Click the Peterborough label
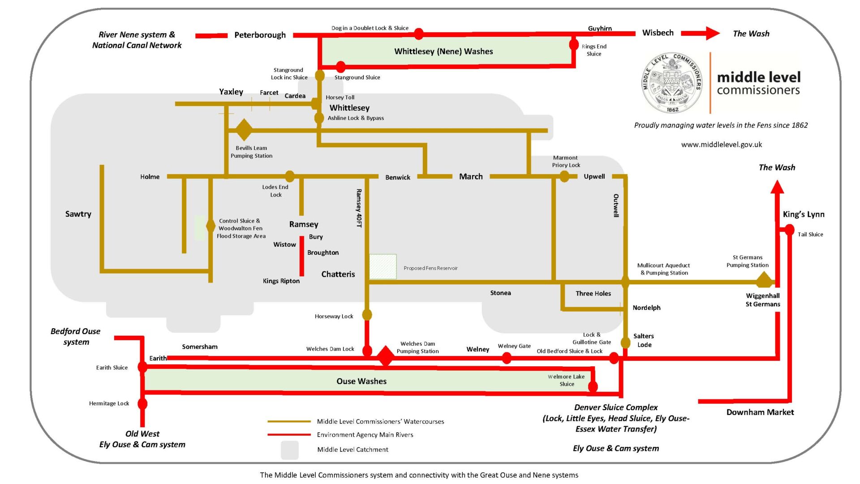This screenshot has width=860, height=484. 260,35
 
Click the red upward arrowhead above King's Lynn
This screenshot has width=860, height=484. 777,187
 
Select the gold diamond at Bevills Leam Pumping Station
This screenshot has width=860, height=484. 244,130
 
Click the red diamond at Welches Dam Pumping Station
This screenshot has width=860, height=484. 385,356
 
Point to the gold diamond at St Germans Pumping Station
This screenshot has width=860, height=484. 764,280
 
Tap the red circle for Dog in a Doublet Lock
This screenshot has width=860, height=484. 419,34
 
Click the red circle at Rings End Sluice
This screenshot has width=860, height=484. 574,45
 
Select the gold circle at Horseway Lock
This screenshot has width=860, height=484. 367,315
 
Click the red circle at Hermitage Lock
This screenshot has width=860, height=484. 142,404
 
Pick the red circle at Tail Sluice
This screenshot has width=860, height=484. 790,230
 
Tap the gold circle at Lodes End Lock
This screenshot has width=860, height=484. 290,176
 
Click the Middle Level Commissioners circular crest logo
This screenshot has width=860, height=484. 672,83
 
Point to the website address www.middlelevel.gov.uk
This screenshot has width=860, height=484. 722,145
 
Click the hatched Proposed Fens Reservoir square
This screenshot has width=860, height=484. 383,267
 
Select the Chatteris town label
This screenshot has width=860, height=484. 338,274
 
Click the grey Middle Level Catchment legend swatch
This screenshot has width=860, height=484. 290,450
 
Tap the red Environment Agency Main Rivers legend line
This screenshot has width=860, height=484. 289,434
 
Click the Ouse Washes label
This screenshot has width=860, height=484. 361,381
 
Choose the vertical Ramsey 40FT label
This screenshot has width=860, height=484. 359,208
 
